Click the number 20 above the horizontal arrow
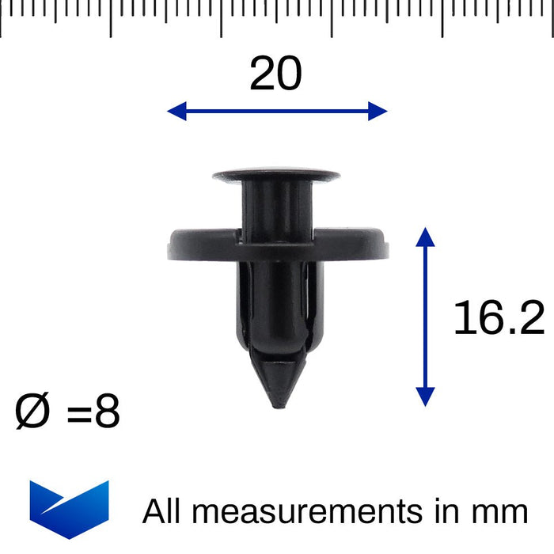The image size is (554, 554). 275,74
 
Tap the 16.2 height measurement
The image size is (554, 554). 499,319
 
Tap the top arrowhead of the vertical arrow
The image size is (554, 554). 425,237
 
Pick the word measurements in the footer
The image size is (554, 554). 309,511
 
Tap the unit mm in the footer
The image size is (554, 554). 499,511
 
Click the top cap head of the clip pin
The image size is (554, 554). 275,173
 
